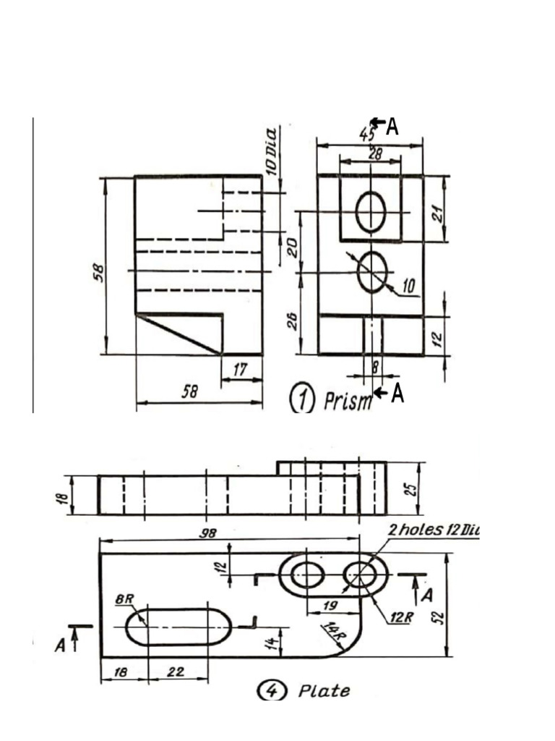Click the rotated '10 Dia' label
pyautogui.click(x=272, y=151)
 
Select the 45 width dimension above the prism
pyautogui.click(x=367, y=135)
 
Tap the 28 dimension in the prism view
pyautogui.click(x=375, y=153)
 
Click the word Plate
pyautogui.click(x=324, y=691)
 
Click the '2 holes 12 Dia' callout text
pyautogui.click(x=434, y=530)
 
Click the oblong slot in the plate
pyautogui.click(x=179, y=626)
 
